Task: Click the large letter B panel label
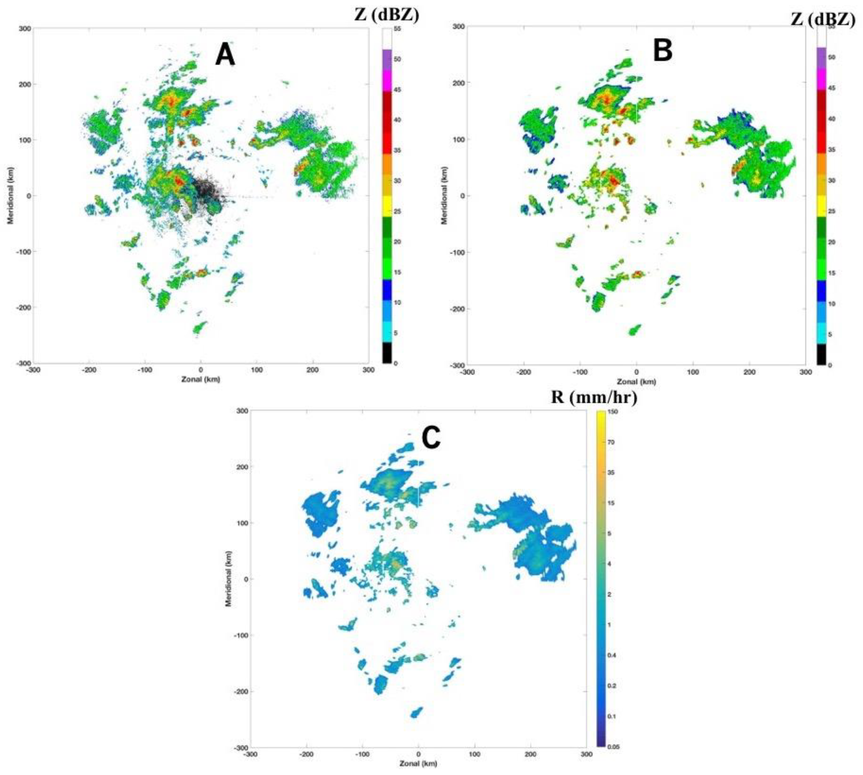pos(662,51)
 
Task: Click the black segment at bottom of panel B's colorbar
pos(821,354)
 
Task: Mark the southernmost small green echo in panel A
pos(199,328)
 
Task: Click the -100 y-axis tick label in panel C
pos(239,635)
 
